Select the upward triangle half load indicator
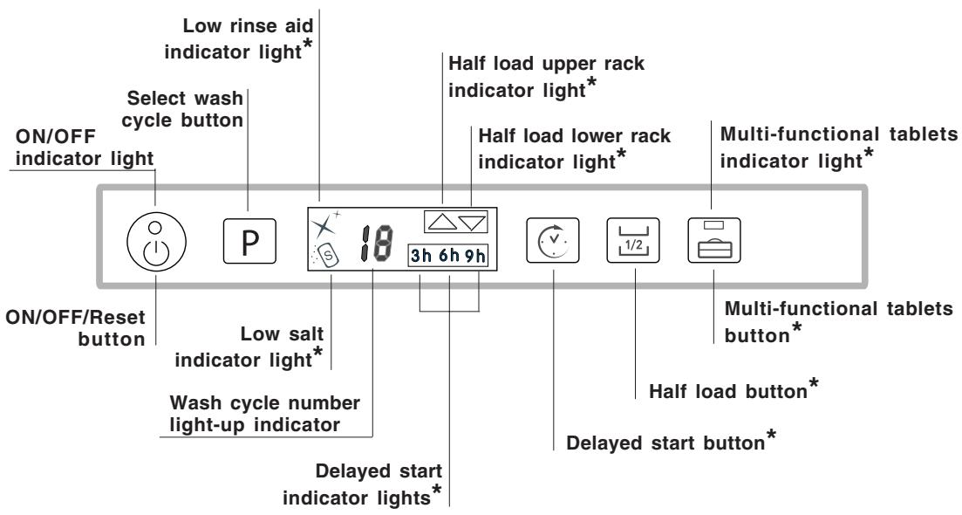tap(441, 223)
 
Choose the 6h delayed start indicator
tap(450, 258)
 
